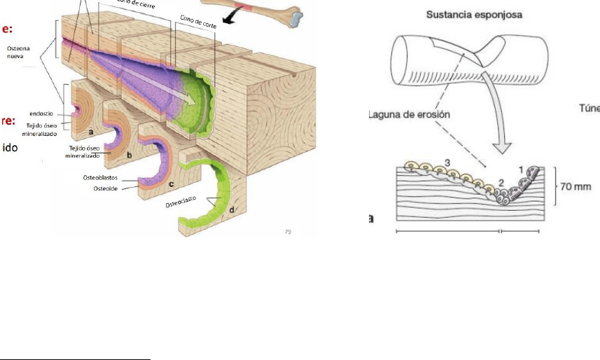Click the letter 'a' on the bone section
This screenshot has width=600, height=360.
click(92, 131)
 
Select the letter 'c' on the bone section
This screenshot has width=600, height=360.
click(172, 183)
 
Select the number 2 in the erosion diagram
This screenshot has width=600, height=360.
click(500, 184)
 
